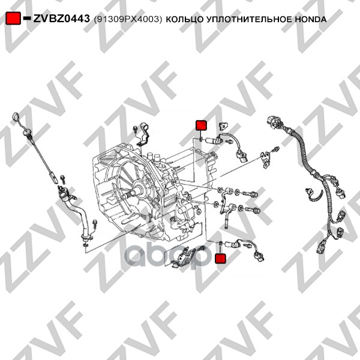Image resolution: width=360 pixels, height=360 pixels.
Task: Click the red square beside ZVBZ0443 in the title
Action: (x=13, y=19)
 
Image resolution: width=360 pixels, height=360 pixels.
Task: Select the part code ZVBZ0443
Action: (x=62, y=19)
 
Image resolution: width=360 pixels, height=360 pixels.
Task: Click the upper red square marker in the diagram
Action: (x=201, y=125)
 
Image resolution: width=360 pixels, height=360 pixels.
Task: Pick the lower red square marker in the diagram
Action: (x=220, y=259)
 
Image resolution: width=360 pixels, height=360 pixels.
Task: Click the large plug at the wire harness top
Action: (x=275, y=122)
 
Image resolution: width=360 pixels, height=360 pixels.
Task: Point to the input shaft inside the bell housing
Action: (x=132, y=194)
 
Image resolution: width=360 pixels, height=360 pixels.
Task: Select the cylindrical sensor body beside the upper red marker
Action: (x=211, y=140)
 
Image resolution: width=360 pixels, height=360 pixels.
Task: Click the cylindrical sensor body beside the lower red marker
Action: (x=231, y=244)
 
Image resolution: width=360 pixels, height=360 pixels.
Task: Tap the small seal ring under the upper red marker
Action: (x=201, y=139)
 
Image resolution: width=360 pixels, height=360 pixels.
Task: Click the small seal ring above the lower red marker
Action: (x=220, y=243)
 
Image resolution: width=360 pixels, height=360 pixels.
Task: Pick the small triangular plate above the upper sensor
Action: (x=223, y=125)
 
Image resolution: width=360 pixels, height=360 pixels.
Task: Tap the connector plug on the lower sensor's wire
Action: (x=258, y=256)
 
